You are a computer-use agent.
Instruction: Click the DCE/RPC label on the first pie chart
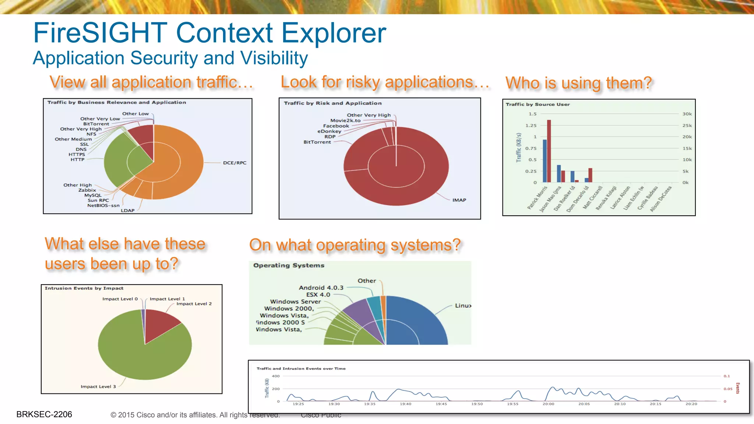(x=235, y=163)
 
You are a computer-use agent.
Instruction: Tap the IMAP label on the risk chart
(x=459, y=200)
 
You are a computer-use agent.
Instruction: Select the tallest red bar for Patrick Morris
(x=549, y=151)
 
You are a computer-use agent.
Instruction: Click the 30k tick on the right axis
(x=687, y=114)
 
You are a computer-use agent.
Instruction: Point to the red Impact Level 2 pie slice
(x=162, y=324)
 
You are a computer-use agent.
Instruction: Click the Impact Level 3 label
(x=98, y=386)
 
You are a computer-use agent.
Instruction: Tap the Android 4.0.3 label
(x=321, y=287)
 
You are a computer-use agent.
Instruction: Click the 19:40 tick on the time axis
(x=405, y=404)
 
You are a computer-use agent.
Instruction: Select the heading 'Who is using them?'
(x=578, y=83)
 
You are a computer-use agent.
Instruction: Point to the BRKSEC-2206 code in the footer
(x=44, y=414)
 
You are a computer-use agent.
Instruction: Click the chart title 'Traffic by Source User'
(x=538, y=105)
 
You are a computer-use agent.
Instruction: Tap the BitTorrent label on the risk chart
(x=317, y=142)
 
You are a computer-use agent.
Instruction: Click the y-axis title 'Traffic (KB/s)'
(x=519, y=148)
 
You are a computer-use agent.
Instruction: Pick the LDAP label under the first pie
(x=128, y=211)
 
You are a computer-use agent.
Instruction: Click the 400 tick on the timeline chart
(x=276, y=376)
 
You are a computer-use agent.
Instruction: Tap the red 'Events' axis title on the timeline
(x=737, y=388)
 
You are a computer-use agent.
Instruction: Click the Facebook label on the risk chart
(x=336, y=126)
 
